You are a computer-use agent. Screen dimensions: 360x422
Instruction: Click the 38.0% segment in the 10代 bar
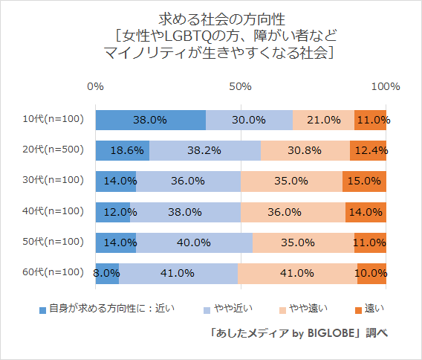click(150, 119)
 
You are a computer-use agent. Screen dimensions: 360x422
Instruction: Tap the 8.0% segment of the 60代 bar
click(107, 273)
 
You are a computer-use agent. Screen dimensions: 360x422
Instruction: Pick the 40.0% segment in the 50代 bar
click(194, 242)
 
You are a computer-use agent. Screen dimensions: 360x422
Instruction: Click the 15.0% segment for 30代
click(364, 180)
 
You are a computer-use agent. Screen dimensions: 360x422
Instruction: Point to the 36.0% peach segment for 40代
click(293, 211)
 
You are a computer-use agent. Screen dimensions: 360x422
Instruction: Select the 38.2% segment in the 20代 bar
click(205, 150)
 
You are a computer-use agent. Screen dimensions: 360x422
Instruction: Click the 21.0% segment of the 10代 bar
click(323, 119)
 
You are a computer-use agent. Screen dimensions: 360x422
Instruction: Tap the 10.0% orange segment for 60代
click(371, 273)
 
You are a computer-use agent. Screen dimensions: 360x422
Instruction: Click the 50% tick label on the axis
click(240, 87)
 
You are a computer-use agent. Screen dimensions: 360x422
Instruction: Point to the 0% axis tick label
click(95, 87)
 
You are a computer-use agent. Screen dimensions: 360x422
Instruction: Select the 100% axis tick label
click(385, 87)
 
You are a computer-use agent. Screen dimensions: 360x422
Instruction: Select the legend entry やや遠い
click(305, 307)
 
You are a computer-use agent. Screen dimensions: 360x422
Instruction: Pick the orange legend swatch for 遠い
click(357, 308)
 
